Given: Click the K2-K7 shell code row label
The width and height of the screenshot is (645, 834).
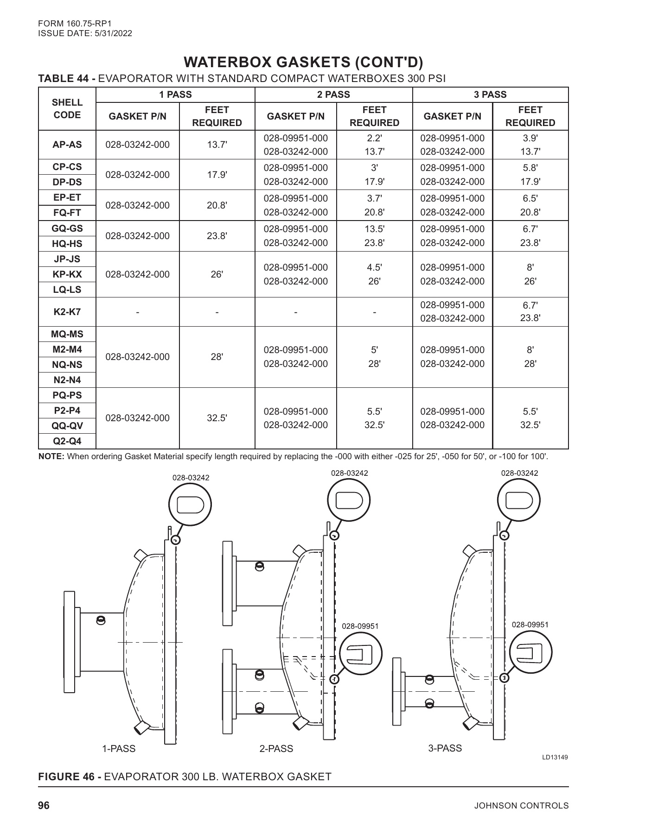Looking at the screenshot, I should point(67,312).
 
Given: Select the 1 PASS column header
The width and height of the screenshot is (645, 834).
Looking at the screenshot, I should point(175,95).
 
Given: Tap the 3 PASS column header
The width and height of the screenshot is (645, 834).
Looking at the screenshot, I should point(490,95).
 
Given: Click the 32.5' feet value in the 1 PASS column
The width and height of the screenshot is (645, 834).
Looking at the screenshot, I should point(217,418).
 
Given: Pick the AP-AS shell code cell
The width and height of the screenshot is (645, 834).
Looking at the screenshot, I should point(67,145).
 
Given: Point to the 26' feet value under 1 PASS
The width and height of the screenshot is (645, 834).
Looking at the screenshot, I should point(217,274).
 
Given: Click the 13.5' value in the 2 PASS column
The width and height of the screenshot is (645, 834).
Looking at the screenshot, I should point(374,229).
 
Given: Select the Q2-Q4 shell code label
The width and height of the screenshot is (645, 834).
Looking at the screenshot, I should point(67,441).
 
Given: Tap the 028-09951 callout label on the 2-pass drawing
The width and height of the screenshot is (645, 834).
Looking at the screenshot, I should point(360,626).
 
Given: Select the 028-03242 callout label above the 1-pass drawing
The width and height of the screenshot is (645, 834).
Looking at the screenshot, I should point(191,478).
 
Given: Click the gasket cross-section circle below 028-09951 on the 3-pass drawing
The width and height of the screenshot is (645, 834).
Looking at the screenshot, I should point(531,653).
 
